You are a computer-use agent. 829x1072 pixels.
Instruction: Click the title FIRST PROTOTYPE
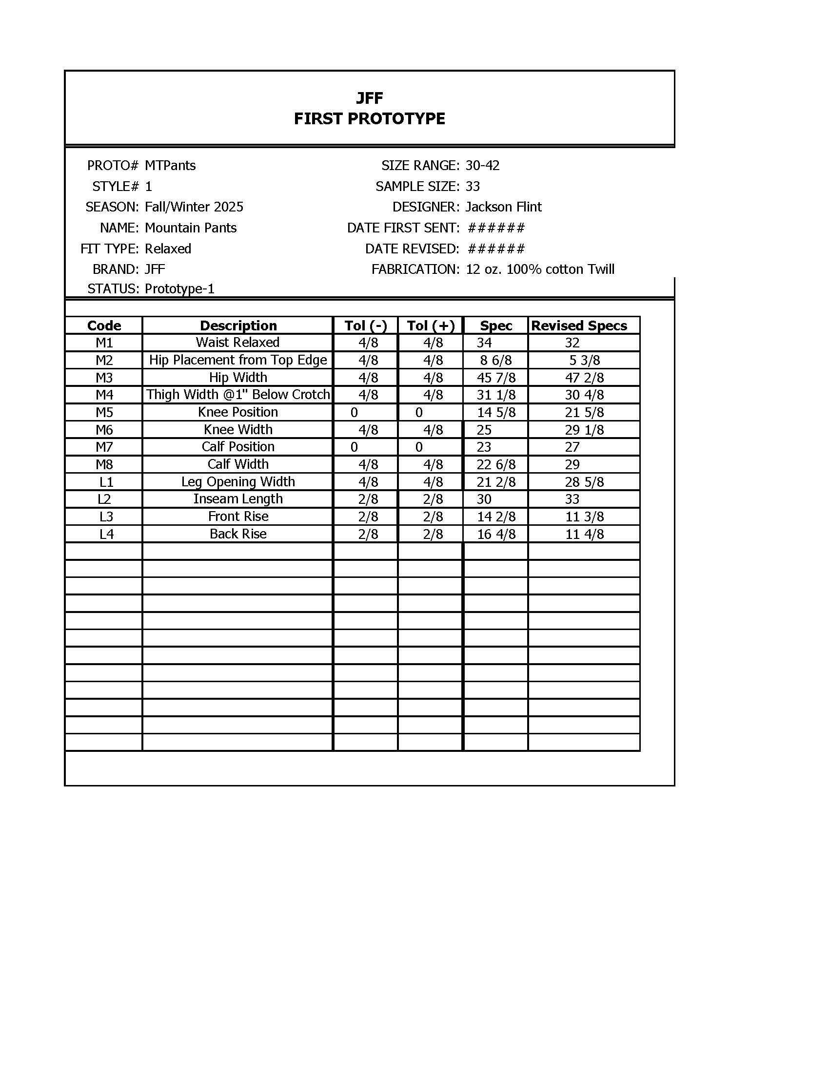pos(369,119)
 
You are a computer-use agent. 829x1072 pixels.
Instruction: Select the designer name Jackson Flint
pos(503,207)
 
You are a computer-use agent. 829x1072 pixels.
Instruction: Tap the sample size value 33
pos(473,187)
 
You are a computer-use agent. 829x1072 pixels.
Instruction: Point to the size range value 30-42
pos(482,165)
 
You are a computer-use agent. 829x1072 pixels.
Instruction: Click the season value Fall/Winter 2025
pos(194,207)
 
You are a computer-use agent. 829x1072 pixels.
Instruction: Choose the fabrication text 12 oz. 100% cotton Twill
pos(540,269)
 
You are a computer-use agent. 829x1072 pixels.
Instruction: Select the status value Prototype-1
pos(179,288)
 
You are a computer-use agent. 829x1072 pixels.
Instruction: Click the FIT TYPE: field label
pos(110,249)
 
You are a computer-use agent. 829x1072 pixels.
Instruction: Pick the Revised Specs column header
pos(579,326)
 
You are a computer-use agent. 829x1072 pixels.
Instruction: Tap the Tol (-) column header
pos(365,326)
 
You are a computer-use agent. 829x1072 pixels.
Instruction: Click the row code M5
pos(104,412)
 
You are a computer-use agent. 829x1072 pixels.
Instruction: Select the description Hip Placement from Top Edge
pos(237,360)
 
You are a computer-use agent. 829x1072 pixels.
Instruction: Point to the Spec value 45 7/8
pos(496,378)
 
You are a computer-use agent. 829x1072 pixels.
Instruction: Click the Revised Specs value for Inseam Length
pos(572,499)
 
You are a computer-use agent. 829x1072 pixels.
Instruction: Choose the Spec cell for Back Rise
pos(496,534)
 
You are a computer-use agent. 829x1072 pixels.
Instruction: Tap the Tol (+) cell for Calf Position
pos(419,447)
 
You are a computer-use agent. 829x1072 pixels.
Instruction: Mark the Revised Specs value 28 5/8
pos(584,482)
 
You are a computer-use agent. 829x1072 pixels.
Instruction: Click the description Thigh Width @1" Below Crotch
pos(237,395)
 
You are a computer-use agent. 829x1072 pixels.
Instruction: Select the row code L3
pos(106,517)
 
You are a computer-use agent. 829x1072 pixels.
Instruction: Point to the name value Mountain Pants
pos(191,228)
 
